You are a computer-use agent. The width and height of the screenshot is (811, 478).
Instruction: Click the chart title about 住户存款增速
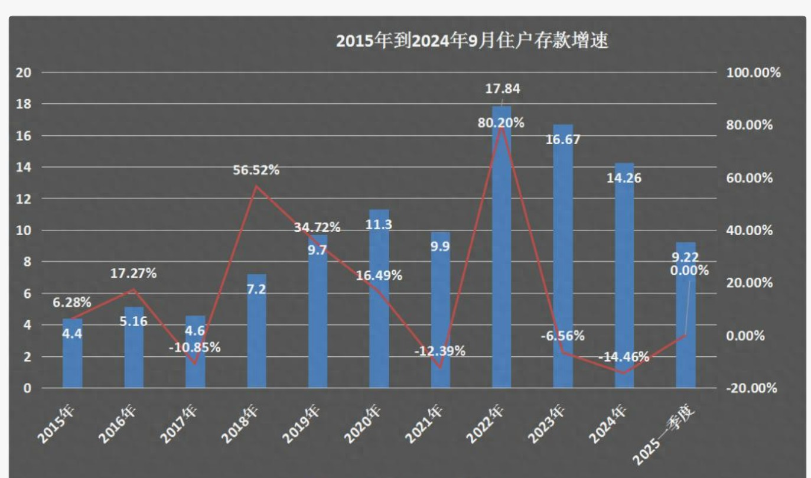(472, 41)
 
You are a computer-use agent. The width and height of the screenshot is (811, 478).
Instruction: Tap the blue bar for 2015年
(73, 355)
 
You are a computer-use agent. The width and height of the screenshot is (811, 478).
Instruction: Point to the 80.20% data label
(501, 123)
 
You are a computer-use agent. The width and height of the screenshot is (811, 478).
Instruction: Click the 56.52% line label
(256, 170)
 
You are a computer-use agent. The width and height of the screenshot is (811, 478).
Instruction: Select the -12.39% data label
(439, 351)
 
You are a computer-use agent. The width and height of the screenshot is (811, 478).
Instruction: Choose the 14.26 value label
(624, 178)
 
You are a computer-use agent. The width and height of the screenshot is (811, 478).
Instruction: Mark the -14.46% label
(623, 357)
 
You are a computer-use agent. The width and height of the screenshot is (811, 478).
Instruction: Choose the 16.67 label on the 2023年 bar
(563, 139)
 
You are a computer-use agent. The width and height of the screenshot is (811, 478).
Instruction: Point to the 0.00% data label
(689, 271)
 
